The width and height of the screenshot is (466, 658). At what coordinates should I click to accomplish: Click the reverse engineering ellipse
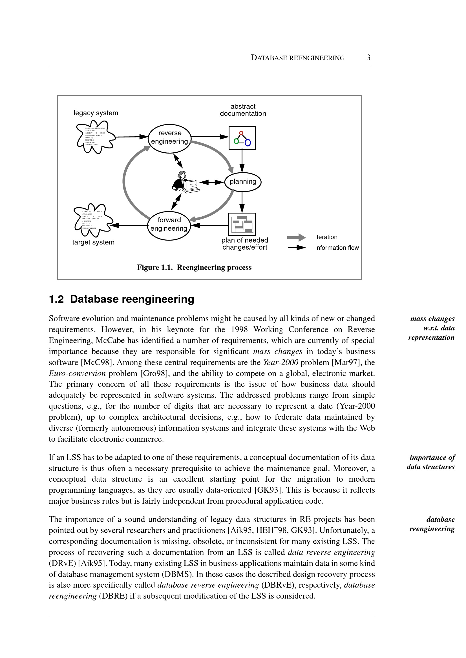[x=170, y=137]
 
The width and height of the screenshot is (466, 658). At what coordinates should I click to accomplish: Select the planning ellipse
[x=243, y=181]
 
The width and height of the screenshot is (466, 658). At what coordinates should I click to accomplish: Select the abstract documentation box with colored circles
[x=242, y=138]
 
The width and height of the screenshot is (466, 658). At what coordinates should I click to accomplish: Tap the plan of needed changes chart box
[x=242, y=224]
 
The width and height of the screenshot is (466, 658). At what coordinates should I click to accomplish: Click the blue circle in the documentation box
[x=248, y=142]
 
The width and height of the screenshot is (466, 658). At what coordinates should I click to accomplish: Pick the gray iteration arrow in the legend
[x=296, y=237]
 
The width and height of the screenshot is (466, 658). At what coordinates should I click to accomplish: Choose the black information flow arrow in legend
[x=297, y=248]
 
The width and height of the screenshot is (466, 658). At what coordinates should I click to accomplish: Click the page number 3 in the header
[x=368, y=58]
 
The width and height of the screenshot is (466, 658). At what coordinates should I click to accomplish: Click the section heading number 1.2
[x=56, y=299]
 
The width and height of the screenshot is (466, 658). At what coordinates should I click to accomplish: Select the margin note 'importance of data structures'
[x=431, y=462]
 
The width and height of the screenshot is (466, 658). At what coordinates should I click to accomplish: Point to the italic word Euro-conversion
[x=77, y=373]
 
